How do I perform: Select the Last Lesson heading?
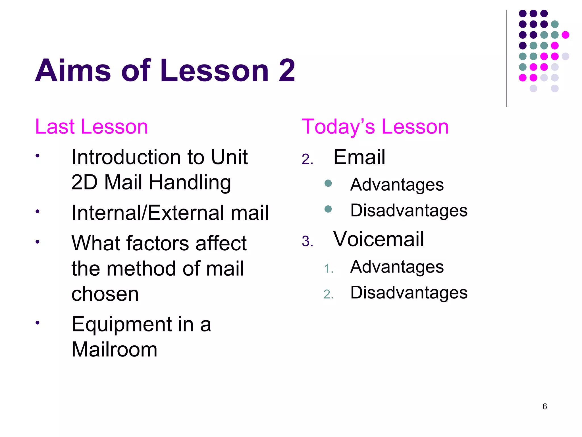click(x=92, y=127)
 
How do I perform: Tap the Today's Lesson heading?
click(x=375, y=127)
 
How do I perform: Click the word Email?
click(x=359, y=157)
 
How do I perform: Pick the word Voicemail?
click(x=379, y=239)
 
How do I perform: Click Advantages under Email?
click(x=397, y=185)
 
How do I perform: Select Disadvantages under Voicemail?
click(x=409, y=292)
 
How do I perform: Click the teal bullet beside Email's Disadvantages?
click(x=328, y=209)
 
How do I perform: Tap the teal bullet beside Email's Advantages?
click(x=328, y=183)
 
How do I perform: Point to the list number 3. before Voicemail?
click(x=307, y=241)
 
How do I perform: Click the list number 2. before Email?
click(x=307, y=159)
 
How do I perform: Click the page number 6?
click(x=544, y=407)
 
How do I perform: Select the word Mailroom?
click(x=114, y=349)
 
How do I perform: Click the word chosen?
click(x=105, y=294)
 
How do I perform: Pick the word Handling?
click(x=190, y=182)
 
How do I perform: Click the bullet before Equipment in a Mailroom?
click(x=37, y=323)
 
